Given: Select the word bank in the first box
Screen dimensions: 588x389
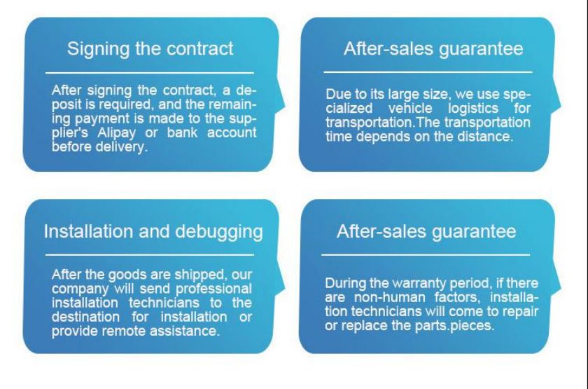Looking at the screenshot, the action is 182,132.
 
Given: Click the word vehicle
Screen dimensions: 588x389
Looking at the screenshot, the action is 410,109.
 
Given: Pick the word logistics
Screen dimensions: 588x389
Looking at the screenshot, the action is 473,109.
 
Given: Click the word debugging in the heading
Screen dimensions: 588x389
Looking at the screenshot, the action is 219,232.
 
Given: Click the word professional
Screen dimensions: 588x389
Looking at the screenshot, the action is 213,289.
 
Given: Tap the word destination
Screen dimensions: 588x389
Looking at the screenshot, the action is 86,317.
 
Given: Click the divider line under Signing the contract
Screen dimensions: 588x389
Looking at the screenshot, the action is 150,72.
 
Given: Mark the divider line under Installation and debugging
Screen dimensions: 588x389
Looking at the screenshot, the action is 150,254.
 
